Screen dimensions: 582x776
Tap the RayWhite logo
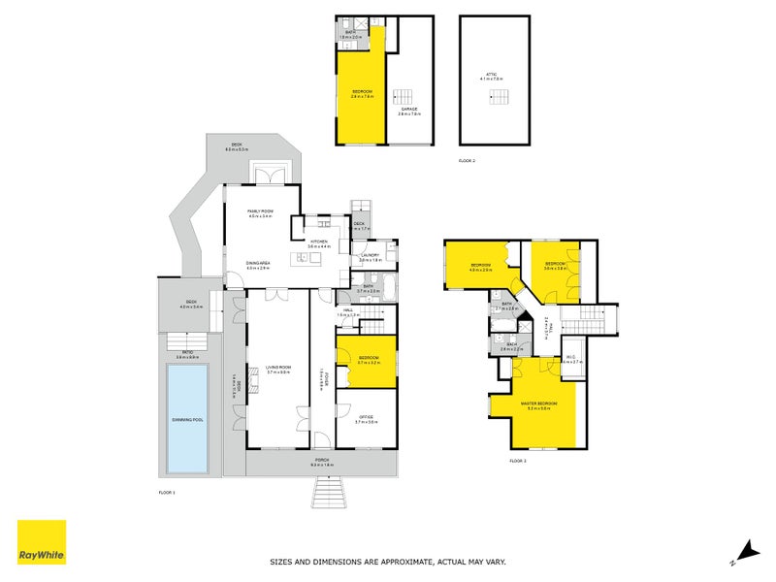click(42, 542)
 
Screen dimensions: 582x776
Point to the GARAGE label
click(408, 111)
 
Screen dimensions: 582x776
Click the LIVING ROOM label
click(277, 368)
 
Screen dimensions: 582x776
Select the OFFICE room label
click(365, 418)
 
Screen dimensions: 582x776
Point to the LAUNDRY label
click(369, 256)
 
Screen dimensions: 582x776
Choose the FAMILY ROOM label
click(260, 211)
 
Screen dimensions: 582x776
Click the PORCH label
click(321, 460)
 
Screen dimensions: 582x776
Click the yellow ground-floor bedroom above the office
click(366, 361)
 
